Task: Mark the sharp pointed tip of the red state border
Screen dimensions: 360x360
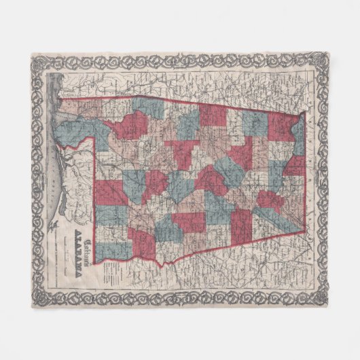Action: click(x=304, y=232)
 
